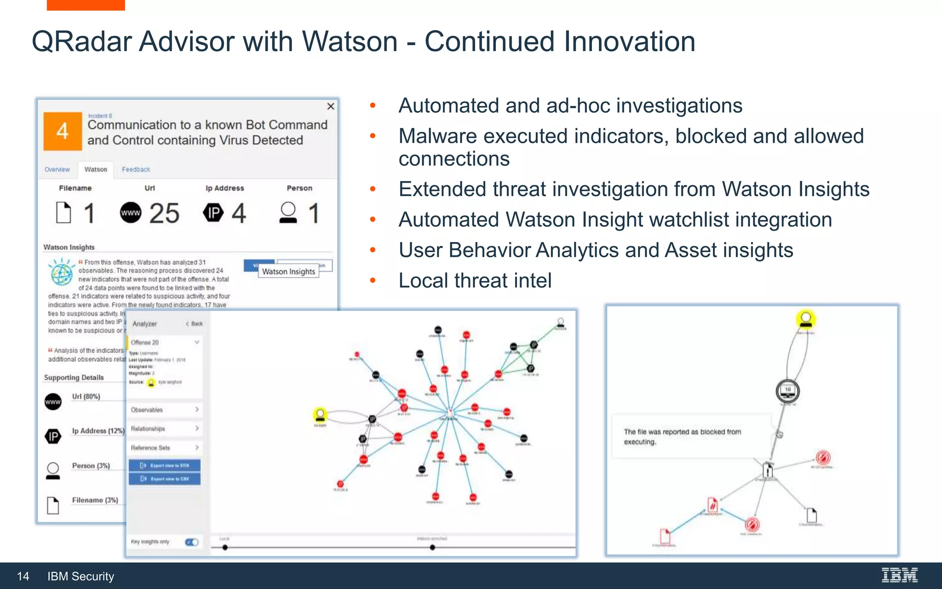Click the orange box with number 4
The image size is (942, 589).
pos(63,131)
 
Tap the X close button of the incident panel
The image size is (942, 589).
pos(330,107)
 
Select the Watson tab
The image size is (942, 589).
pos(96,169)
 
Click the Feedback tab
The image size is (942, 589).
pos(136,169)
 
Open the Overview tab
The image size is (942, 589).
pos(57,169)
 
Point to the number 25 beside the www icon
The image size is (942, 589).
pos(164,214)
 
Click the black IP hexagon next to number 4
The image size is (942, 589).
pos(213,213)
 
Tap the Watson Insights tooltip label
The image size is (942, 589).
pos(288,271)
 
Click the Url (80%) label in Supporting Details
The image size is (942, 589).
pos(86,396)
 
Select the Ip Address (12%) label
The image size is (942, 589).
pos(98,431)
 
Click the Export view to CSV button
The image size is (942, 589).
pos(165,479)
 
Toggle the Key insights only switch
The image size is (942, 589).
pos(192,542)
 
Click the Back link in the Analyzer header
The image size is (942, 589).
pos(195,323)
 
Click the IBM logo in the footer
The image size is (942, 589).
pos(899,575)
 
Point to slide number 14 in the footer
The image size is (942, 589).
pos(23,577)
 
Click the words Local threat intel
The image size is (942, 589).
pos(475,281)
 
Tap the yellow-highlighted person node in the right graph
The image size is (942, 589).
pos(805,318)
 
